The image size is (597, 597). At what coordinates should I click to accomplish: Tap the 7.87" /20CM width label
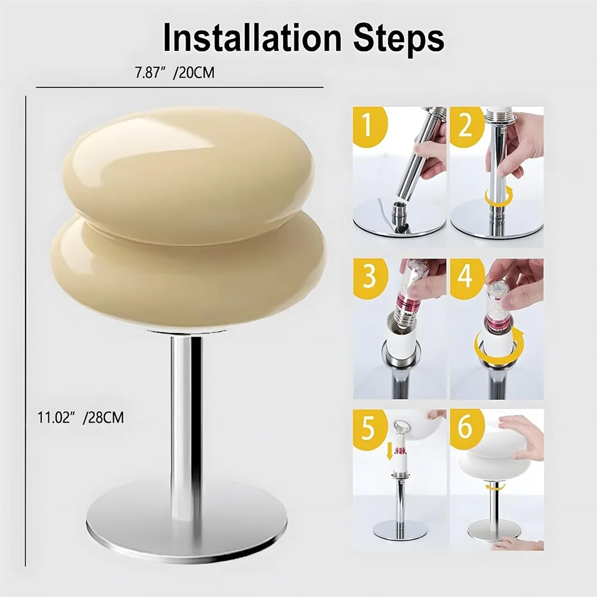pos(175,72)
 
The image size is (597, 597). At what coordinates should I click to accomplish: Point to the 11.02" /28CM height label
pos(81,418)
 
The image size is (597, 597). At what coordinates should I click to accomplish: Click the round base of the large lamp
pos(186,528)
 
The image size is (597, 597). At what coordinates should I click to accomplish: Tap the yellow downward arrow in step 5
pos(389,451)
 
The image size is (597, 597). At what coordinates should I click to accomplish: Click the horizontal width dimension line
pos(180,87)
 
